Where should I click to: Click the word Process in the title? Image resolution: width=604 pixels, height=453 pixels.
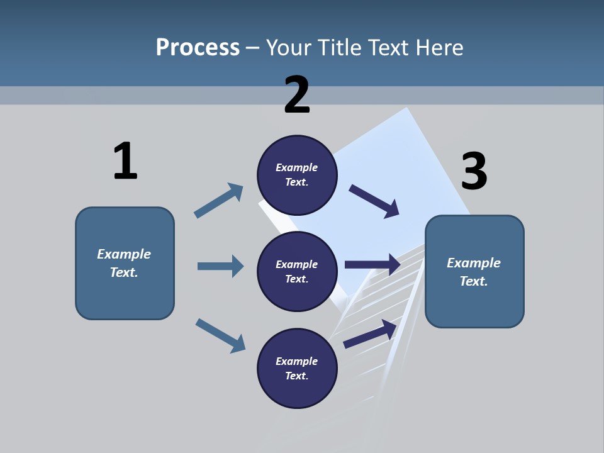click(198, 47)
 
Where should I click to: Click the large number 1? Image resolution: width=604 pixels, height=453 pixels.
click(125, 161)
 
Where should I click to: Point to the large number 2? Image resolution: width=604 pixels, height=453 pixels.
click(297, 95)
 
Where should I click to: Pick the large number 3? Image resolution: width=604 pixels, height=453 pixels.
click(474, 172)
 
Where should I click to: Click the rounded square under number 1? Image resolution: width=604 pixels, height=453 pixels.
click(125, 263)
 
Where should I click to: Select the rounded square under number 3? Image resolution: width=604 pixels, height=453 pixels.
click(474, 272)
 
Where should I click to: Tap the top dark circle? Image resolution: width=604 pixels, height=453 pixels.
click(297, 175)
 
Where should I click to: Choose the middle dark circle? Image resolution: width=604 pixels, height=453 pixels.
click(297, 271)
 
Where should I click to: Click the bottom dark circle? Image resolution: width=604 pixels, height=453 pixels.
click(297, 368)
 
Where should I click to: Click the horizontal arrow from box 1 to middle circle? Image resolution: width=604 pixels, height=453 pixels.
click(220, 266)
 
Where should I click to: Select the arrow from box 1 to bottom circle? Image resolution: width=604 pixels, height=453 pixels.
click(220, 335)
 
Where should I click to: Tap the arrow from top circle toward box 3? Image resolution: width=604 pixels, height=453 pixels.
click(374, 201)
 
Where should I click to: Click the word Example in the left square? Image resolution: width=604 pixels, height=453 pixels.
click(124, 254)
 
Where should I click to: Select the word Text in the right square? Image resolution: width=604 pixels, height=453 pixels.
click(474, 281)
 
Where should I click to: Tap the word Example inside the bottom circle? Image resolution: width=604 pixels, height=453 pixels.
click(297, 361)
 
